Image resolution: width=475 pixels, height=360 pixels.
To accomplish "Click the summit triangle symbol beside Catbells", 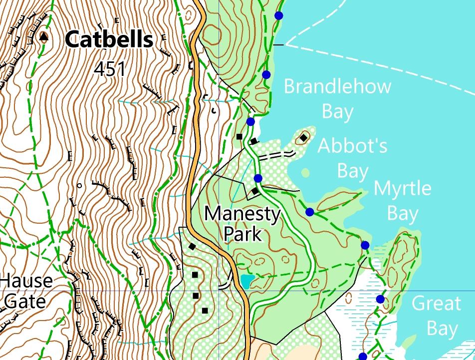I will pos(44,36).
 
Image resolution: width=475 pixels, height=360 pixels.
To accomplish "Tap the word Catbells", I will pos(109,39).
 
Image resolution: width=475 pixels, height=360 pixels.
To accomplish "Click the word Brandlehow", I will pos(337,86).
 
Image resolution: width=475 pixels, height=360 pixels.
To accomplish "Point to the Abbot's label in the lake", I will pos(352,146).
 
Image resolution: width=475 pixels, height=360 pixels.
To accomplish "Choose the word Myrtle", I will pos(402,189).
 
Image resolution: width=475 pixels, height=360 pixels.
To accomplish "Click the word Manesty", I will pos(242,214).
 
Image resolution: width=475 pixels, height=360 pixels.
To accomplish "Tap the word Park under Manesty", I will pos(242,233).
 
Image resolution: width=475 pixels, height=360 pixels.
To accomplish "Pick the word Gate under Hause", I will pos(25,301).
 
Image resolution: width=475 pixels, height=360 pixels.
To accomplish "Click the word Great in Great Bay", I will pos(437,304).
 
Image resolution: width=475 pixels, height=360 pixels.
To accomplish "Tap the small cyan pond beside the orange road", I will pos(245,282).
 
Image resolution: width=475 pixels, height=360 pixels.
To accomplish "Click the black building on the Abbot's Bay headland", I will pos(303,137).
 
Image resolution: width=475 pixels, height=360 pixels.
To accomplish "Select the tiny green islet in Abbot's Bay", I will pos(305,173).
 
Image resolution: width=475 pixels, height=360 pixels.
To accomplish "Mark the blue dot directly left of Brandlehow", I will pos(266,75).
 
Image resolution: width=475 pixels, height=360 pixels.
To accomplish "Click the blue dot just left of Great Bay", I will pos(380,299).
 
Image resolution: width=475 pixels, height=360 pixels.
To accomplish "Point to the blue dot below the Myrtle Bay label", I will pos(365,245).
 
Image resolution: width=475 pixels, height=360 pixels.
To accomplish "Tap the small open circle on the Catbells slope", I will pos(79,186).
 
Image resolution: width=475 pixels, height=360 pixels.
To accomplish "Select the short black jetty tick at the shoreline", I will pos(278,45).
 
